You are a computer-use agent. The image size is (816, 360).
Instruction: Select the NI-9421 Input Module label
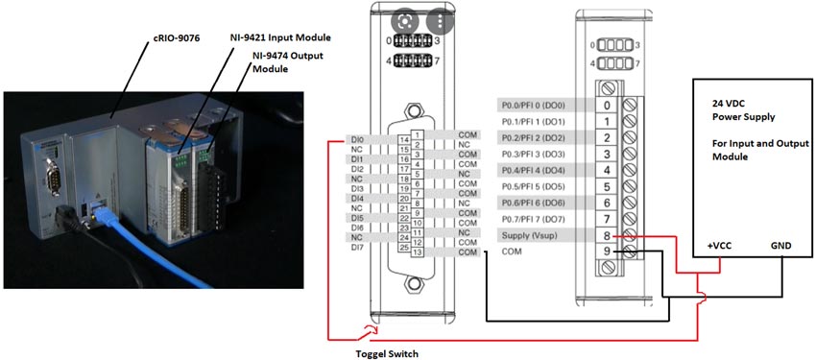pyautogui.click(x=281, y=37)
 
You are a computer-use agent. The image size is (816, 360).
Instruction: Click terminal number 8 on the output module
pyautogui.click(x=607, y=235)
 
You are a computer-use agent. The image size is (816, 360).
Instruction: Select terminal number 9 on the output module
pyautogui.click(x=607, y=252)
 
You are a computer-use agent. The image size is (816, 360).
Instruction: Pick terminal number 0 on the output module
pyautogui.click(x=607, y=105)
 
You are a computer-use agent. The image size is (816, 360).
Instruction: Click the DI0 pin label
pyautogui.click(x=351, y=139)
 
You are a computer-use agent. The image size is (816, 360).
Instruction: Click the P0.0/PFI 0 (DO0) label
pyautogui.click(x=534, y=105)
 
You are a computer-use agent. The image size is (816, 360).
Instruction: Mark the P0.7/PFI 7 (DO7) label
pyautogui.click(x=534, y=219)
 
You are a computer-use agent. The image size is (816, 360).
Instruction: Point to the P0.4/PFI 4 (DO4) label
pyautogui.click(x=534, y=170)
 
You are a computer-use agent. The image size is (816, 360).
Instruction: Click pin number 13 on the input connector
pyautogui.click(x=418, y=252)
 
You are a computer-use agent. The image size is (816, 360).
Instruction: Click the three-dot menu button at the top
pyautogui.click(x=440, y=20)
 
